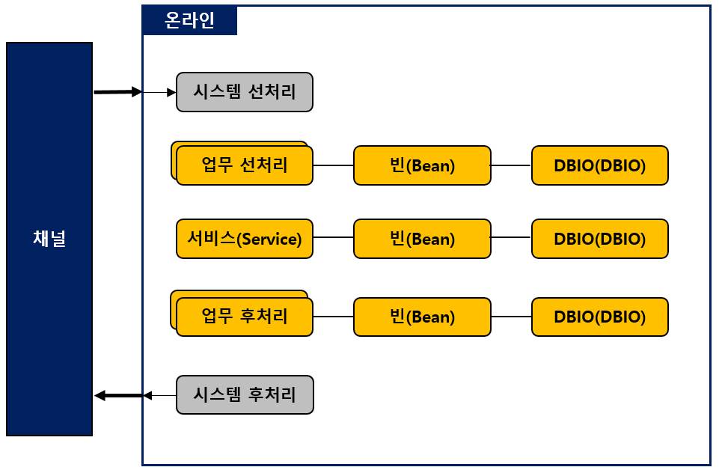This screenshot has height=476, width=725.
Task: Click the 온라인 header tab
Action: click(189, 20)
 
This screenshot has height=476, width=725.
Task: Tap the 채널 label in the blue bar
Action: click(49, 239)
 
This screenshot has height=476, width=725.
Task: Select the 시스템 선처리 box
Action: click(245, 92)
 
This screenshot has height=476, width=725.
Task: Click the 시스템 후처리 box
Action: click(245, 394)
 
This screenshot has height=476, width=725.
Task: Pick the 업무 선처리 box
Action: click(245, 165)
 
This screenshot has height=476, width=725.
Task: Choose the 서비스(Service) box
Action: click(245, 239)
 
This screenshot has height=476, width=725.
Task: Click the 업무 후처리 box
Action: click(245, 317)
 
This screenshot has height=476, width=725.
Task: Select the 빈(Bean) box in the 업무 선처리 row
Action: click(422, 165)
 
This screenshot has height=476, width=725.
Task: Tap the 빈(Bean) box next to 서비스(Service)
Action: click(422, 239)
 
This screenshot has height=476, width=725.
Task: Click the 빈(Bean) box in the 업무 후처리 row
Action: click(422, 317)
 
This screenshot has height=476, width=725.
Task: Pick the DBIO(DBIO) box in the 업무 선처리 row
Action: click(599, 165)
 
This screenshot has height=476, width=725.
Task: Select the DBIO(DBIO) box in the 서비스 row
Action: click(599, 239)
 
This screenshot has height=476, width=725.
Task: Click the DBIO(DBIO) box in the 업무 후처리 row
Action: click(599, 317)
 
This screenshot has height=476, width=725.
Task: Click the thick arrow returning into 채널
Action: click(118, 395)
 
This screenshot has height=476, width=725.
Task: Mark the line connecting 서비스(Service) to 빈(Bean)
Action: click(333, 238)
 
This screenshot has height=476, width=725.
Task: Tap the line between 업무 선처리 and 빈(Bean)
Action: click(333, 165)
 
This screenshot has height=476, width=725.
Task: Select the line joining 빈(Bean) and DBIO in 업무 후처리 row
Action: click(511, 317)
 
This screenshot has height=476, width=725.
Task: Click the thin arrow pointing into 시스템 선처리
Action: click(159, 92)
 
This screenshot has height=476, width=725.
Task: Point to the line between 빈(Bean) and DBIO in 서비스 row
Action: click(511, 238)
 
